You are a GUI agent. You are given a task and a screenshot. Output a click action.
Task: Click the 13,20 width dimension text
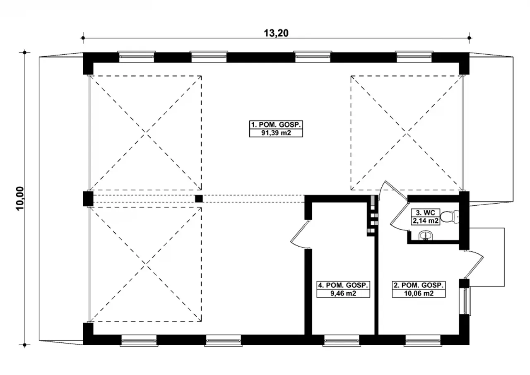[276, 34]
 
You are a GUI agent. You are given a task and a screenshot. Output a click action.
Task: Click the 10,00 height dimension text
[20, 198]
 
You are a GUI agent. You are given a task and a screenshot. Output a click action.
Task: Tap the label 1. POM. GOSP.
[276, 125]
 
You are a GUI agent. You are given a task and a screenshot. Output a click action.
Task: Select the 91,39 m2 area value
[276, 133]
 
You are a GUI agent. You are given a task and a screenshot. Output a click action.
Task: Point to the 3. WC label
[425, 213]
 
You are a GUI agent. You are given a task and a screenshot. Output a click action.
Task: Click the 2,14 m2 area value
[425, 221]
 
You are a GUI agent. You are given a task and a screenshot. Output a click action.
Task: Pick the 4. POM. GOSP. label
[343, 285]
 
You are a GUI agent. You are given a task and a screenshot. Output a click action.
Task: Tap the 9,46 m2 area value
[343, 293]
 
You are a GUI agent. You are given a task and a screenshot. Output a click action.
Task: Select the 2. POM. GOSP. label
[419, 285]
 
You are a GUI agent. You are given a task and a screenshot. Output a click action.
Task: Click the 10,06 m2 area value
[419, 293]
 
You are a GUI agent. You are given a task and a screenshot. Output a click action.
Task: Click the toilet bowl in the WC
[450, 216]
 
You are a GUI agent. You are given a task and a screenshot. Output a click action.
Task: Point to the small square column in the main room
[199, 199]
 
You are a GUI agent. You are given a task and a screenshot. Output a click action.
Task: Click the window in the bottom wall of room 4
[342, 341]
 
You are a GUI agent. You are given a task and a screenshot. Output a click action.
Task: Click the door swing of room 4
[299, 235]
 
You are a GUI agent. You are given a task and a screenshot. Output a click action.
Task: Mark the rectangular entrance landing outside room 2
[487, 257]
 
